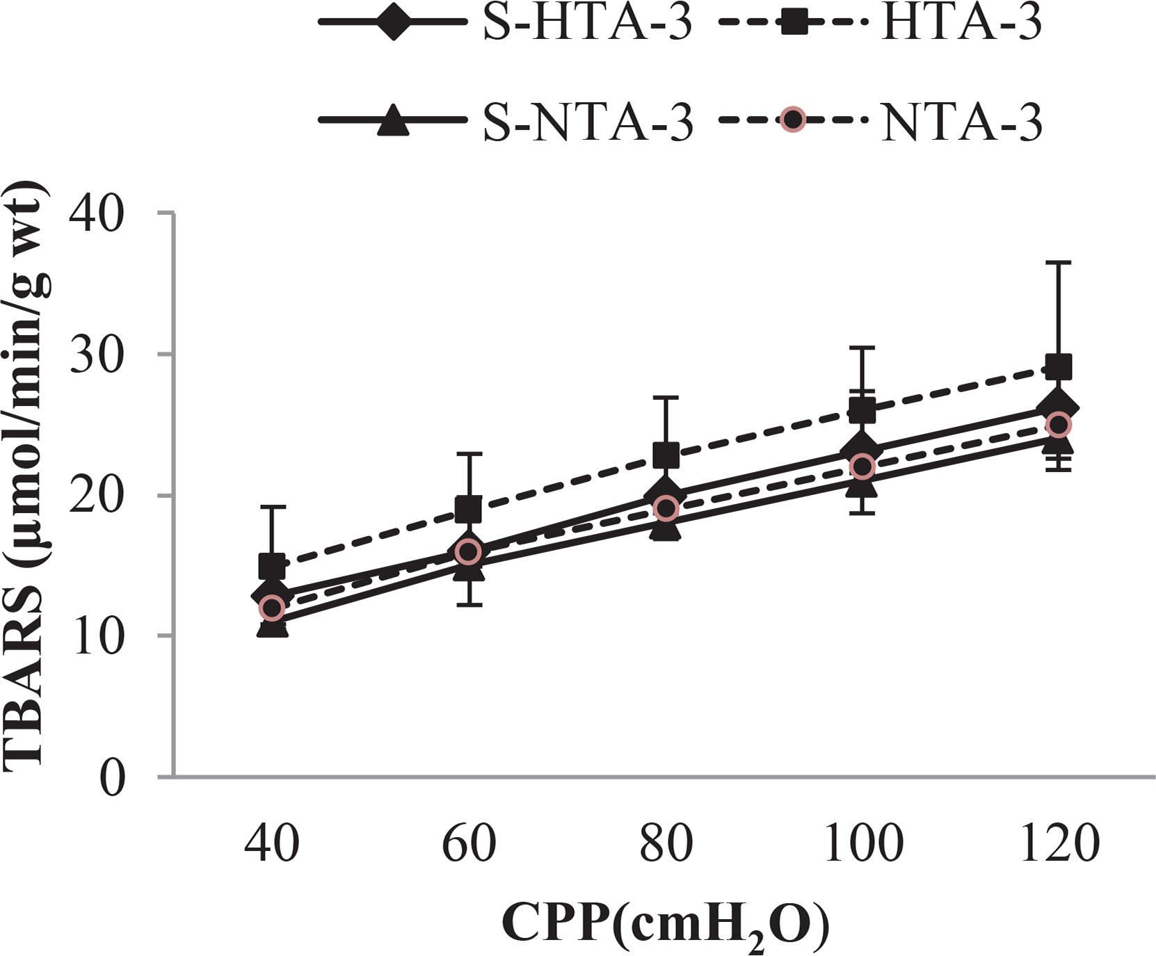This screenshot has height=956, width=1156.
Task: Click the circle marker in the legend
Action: [x=792, y=120]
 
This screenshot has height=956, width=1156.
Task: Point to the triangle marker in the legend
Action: [x=392, y=120]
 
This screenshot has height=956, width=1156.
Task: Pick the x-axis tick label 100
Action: [x=862, y=843]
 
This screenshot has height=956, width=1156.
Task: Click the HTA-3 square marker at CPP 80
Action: [x=666, y=456]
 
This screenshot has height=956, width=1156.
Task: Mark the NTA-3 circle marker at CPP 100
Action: [x=862, y=467]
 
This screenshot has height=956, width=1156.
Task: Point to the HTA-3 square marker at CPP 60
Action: [x=469, y=509]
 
